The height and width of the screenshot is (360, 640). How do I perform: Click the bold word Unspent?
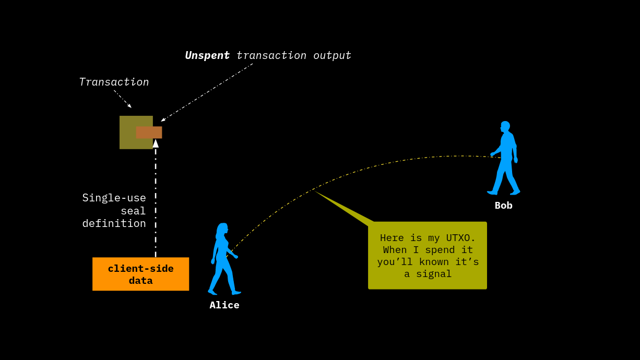(x=207, y=55)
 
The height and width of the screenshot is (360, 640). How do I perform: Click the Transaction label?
(x=114, y=82)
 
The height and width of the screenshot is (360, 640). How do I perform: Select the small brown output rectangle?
(x=149, y=133)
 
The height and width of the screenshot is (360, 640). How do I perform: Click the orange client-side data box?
(x=140, y=274)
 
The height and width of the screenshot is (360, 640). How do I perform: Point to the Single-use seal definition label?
(x=114, y=211)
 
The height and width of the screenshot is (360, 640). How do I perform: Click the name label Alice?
(x=224, y=305)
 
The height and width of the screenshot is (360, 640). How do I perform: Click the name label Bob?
(x=504, y=206)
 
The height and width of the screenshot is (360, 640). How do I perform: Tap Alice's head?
(x=222, y=229)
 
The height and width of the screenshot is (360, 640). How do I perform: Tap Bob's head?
(x=505, y=126)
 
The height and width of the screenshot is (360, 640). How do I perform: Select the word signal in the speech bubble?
(x=435, y=274)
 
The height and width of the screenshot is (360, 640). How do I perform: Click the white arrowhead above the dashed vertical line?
(x=156, y=143)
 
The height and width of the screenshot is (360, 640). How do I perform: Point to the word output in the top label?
(x=332, y=55)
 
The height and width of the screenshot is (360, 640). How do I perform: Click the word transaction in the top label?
(x=271, y=55)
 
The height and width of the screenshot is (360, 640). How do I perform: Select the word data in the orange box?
(x=140, y=281)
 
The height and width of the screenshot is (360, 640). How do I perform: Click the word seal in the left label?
(x=133, y=211)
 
